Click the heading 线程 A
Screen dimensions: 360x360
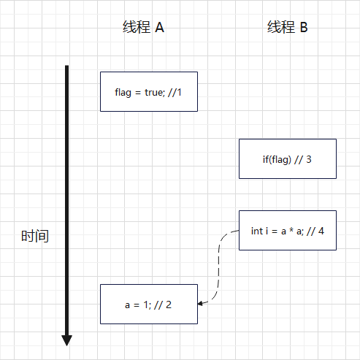pyautogui.click(x=143, y=27)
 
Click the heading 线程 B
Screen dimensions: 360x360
pyautogui.click(x=288, y=27)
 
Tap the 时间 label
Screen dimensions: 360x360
pyautogui.click(x=35, y=236)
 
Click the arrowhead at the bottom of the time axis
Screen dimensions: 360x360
pyautogui.click(x=66, y=340)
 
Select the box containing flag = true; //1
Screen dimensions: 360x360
pyautogui.click(x=149, y=92)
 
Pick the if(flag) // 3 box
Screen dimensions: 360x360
pyautogui.click(x=288, y=159)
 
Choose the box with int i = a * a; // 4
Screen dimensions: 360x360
pyautogui.click(x=288, y=230)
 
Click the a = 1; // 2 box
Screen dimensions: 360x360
pyautogui.click(x=149, y=304)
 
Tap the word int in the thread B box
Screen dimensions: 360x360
pyautogui.click(x=257, y=231)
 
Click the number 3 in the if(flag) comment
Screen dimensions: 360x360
pyautogui.click(x=309, y=159)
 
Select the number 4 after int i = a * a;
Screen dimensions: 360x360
pyautogui.click(x=321, y=231)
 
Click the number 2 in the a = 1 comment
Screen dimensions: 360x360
pyautogui.click(x=169, y=305)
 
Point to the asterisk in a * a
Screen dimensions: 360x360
pyautogui.click(x=291, y=230)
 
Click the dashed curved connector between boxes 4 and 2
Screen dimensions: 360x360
pyautogui.click(x=218, y=265)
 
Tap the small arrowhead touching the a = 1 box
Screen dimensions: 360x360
pyautogui.click(x=200, y=304)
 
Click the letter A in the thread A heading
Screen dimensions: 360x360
pyautogui.click(x=159, y=27)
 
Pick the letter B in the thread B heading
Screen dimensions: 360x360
pyautogui.click(x=304, y=27)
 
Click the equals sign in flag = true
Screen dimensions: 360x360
pyautogui.click(x=138, y=93)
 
